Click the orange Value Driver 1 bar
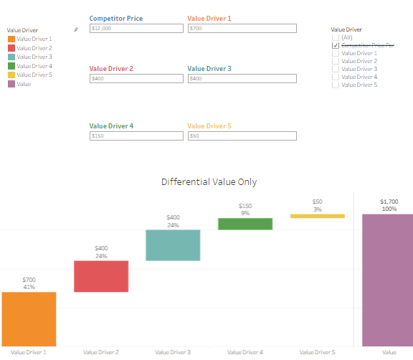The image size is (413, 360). click(29, 319)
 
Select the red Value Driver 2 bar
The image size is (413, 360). click(101, 276)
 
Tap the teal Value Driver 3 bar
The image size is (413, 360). click(173, 245)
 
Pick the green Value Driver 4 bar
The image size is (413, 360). click(245, 224)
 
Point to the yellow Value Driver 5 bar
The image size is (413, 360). click(318, 216)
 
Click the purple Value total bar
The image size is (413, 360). click(388, 280)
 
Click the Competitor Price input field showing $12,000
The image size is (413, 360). click(136, 29)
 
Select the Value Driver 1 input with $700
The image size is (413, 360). click(242, 29)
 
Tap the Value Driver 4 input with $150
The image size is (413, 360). click(136, 136)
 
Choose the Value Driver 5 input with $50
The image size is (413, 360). click(242, 136)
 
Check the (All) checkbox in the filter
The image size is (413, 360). click(336, 37)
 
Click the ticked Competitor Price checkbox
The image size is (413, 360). click(336, 45)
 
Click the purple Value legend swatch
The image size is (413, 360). click(11, 84)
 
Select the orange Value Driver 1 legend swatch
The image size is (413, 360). click(11, 39)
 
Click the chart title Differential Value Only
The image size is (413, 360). click(209, 182)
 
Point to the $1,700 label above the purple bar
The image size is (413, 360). click(389, 202)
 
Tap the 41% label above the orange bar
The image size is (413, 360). click(29, 287)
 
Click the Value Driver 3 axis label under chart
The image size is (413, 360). click(173, 352)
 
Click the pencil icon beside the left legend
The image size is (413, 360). click(76, 29)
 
